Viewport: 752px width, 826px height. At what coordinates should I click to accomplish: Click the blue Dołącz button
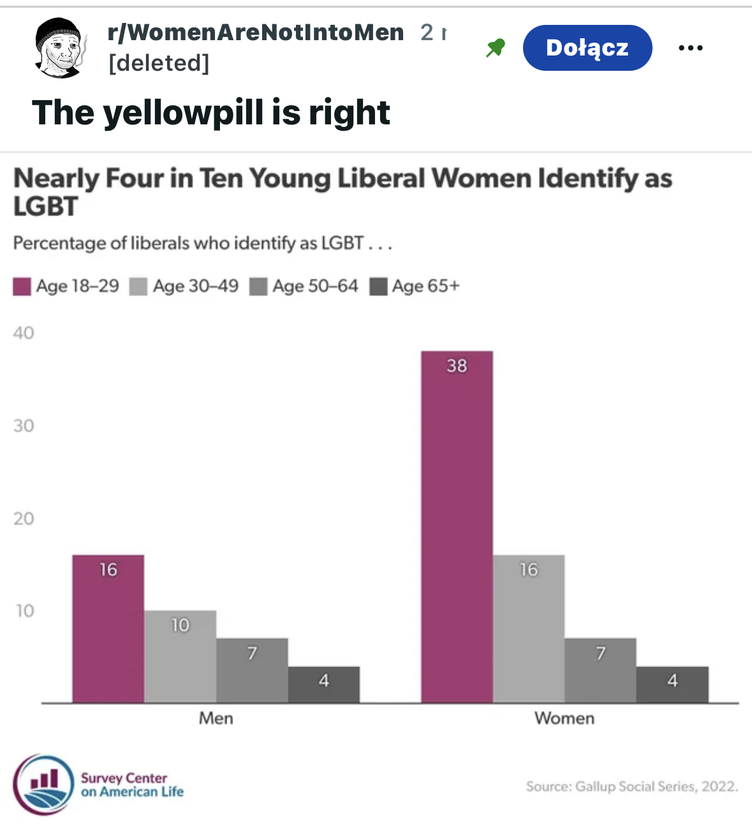pyautogui.click(x=587, y=48)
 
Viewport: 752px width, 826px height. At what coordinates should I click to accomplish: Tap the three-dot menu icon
pyautogui.click(x=690, y=48)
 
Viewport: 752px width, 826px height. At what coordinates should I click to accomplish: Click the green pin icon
pyautogui.click(x=495, y=48)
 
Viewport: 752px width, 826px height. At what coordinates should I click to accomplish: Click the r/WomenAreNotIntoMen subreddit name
pyautogui.click(x=256, y=32)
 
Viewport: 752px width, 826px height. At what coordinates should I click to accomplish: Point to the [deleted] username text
pyautogui.click(x=159, y=63)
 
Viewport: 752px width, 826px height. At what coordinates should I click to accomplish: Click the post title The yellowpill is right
pyautogui.click(x=210, y=113)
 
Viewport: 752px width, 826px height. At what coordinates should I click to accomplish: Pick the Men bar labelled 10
pyautogui.click(x=180, y=656)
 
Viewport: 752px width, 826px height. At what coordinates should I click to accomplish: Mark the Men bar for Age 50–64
pyautogui.click(x=252, y=670)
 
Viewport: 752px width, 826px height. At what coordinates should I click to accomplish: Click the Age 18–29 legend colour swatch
pyautogui.click(x=22, y=286)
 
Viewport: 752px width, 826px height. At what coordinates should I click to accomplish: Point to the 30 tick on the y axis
pyautogui.click(x=24, y=425)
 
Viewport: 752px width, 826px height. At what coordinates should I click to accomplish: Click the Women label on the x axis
pyautogui.click(x=564, y=718)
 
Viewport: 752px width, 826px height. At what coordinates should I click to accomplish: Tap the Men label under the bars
pyautogui.click(x=216, y=718)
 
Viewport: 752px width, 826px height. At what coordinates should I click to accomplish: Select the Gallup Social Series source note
pyautogui.click(x=631, y=786)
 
